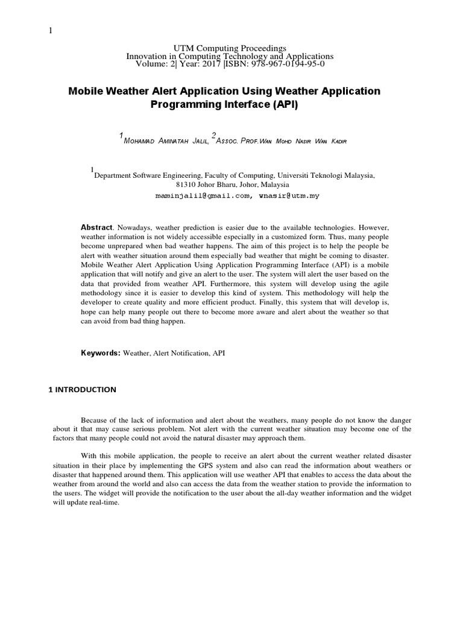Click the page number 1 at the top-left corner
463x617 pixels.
tap(51, 32)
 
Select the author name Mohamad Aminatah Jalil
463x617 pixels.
tap(165, 141)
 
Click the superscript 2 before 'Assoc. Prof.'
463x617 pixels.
tap(213, 135)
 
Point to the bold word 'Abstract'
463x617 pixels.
tap(96, 227)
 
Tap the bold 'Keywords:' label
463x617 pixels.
tap(101, 352)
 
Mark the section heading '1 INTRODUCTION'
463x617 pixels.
tap(82, 390)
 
